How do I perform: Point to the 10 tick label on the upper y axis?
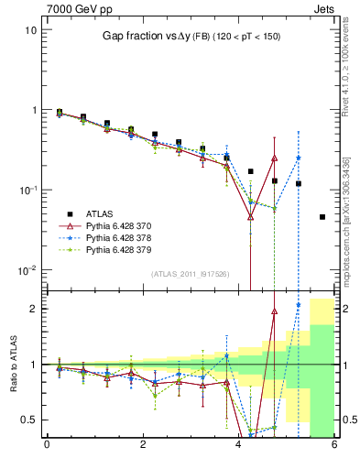[x=30, y=30]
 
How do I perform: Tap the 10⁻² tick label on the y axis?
[x=27, y=270]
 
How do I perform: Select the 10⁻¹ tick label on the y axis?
[x=27, y=191]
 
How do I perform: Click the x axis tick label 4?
[x=239, y=445]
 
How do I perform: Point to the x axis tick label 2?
[x=143, y=445]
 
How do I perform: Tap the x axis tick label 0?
[x=47, y=445]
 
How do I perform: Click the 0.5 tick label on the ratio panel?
[x=28, y=420]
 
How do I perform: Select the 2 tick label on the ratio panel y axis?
[x=33, y=309]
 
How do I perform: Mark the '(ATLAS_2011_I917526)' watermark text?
[x=190, y=274]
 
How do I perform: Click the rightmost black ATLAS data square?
[x=322, y=217]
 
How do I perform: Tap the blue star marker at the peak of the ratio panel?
[x=299, y=305]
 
